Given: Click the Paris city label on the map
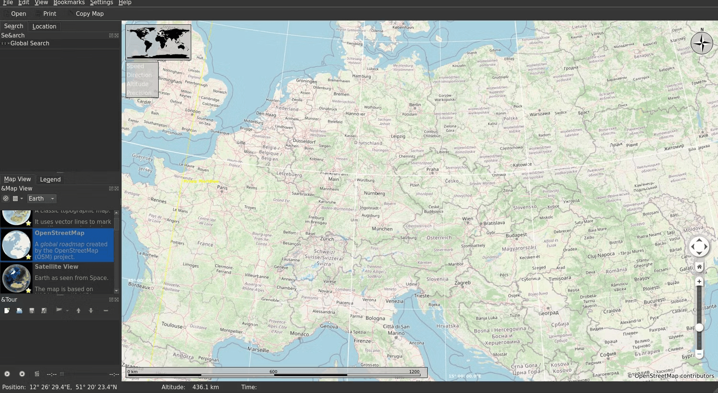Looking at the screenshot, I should [223, 188].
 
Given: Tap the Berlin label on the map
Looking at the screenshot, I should [415, 105].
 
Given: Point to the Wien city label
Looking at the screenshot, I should [468, 219].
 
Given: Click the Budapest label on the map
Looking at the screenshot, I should [516, 235].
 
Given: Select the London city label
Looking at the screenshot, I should [193, 111].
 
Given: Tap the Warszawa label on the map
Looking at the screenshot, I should [539, 114].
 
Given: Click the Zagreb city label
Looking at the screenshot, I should [462, 283].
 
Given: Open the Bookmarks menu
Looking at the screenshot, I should [69, 3].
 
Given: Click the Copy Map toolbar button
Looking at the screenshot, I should [89, 14].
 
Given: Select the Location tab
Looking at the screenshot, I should [44, 26].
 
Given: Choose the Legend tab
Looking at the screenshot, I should [50, 180].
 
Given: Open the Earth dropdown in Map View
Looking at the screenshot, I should [41, 199].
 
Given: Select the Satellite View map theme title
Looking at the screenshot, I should [56, 267].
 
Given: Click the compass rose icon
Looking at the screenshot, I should [702, 43].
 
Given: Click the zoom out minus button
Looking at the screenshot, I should [699, 354].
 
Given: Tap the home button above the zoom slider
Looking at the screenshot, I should [699, 267].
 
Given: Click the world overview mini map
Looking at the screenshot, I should [158, 42].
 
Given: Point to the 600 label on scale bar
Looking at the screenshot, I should [273, 371].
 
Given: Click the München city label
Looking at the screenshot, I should [382, 229].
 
